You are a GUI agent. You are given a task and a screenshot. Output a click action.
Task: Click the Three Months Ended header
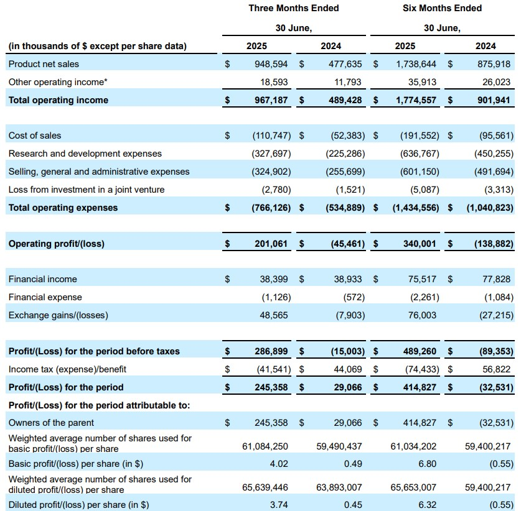294,8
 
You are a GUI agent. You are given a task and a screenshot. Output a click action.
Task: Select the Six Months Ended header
442,8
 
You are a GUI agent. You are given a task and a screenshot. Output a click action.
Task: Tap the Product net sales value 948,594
271,63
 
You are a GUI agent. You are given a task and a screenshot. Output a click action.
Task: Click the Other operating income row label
58,82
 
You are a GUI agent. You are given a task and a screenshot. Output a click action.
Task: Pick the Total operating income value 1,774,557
416,100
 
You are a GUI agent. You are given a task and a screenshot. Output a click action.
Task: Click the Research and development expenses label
85,154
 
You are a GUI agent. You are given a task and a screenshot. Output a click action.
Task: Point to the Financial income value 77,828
496,279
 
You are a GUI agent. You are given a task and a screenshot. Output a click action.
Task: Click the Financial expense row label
45,297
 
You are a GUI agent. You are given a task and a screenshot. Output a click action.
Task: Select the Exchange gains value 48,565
274,315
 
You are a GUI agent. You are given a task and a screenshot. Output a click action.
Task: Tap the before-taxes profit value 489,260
420,351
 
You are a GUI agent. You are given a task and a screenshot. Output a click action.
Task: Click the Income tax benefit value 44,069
348,369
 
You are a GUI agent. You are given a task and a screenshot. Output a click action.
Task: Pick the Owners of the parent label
51,423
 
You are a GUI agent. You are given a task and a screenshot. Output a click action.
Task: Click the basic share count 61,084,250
265,446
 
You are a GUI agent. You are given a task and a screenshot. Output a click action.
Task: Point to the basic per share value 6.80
427,464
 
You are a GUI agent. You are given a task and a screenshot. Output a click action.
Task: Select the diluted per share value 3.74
279,505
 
